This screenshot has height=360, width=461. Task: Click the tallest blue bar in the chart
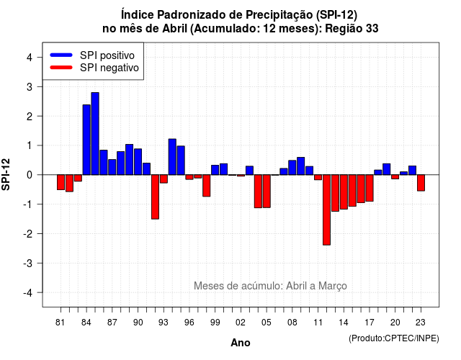tap(95, 134)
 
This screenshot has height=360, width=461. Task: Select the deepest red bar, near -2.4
tap(326, 210)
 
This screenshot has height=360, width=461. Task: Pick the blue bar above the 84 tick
tap(86, 140)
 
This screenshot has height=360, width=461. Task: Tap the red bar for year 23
tap(421, 183)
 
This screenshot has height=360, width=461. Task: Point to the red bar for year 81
tap(61, 182)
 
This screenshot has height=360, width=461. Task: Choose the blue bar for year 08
tap(292, 168)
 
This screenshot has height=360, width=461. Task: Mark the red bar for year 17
tap(370, 188)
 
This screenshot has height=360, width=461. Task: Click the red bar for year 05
tap(267, 192)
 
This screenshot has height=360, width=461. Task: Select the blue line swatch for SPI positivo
tap(61, 55)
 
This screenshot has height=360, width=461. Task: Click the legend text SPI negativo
tap(109, 68)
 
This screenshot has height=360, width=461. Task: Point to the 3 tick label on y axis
tap(30, 87)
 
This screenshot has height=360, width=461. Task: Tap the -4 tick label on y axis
tap(28, 293)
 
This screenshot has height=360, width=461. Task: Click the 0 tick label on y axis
tap(30, 175)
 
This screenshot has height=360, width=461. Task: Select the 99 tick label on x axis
tap(215, 323)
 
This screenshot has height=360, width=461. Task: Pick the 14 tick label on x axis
tap(344, 323)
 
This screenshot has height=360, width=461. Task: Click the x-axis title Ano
tap(241, 343)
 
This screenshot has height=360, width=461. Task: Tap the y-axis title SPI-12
tap(6, 174)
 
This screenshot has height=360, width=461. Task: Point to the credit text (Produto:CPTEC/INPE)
tap(394, 338)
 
